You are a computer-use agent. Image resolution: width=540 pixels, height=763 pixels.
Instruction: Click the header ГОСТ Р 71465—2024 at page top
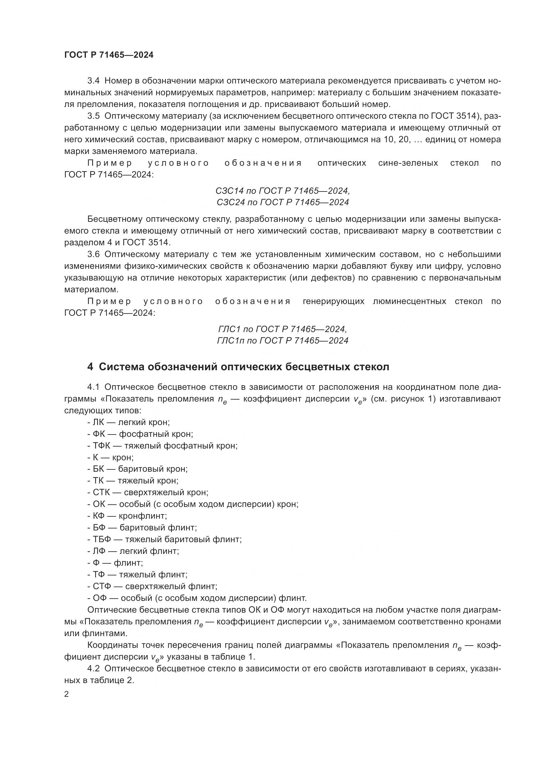click(x=109, y=55)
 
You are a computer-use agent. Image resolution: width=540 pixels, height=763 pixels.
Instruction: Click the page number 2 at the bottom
click(x=67, y=694)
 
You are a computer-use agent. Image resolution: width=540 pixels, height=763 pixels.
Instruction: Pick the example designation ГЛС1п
click(x=230, y=341)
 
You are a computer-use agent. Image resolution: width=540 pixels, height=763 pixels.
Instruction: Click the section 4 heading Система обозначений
click(x=238, y=367)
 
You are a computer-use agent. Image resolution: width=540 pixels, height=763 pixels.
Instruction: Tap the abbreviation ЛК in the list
click(x=98, y=422)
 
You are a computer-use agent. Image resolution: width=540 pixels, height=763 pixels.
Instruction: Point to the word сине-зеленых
click(x=408, y=163)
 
